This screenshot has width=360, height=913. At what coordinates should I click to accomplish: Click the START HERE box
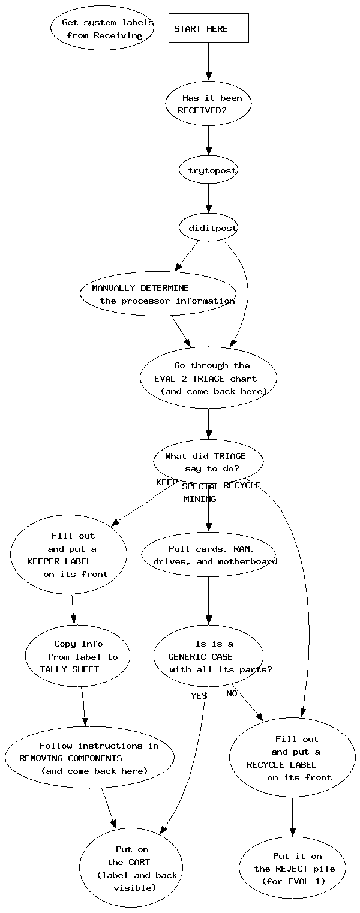[208, 28]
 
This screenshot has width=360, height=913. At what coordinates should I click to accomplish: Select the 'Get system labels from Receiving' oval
[102, 29]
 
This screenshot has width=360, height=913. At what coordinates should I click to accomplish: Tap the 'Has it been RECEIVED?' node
[208, 104]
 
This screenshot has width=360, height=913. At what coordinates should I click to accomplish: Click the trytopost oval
[208, 170]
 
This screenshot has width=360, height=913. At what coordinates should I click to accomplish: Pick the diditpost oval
[208, 228]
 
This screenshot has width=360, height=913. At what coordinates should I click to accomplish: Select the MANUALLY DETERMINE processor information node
[158, 294]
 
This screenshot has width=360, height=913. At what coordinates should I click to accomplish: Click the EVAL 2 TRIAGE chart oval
[208, 378]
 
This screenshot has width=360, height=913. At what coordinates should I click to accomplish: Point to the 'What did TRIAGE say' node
[208, 462]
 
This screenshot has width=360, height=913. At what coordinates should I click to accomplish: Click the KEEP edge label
[167, 482]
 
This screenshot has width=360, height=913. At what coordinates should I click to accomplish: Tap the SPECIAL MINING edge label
[200, 492]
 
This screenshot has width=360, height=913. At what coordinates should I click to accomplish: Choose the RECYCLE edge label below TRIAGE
[242, 485]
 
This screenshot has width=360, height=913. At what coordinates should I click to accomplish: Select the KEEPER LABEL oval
[68, 555]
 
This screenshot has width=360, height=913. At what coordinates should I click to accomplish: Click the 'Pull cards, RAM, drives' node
[208, 555]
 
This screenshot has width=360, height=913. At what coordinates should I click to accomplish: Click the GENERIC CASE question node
[208, 657]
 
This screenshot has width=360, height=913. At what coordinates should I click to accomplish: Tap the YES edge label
[199, 696]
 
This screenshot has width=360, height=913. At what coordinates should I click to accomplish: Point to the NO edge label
[232, 693]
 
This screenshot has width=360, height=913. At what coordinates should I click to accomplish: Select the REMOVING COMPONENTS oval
[89, 758]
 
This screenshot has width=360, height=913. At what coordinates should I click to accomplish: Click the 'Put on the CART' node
[131, 868]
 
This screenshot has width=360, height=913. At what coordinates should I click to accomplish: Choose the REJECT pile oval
[293, 868]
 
